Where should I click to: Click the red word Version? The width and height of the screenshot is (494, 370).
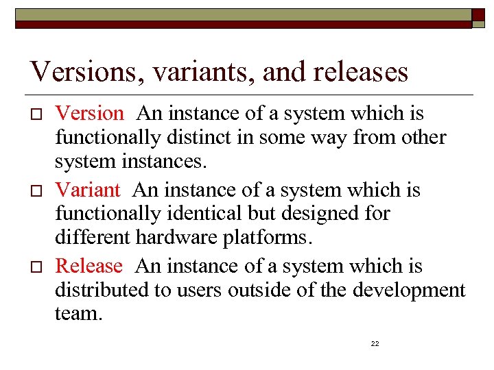[x=89, y=113]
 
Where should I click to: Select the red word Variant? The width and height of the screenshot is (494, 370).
[x=87, y=189]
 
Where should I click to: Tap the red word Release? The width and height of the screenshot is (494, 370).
[x=89, y=265]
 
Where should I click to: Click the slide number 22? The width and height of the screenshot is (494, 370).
[x=375, y=343]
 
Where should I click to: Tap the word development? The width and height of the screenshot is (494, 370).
[x=409, y=290]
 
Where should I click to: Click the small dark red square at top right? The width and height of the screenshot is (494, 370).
[x=479, y=18]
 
